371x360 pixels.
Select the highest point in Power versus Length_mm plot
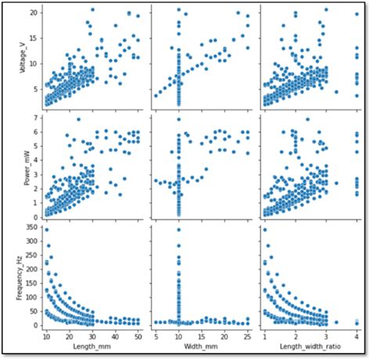tap(78, 119)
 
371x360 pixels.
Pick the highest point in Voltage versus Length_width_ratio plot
tap(326, 10)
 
